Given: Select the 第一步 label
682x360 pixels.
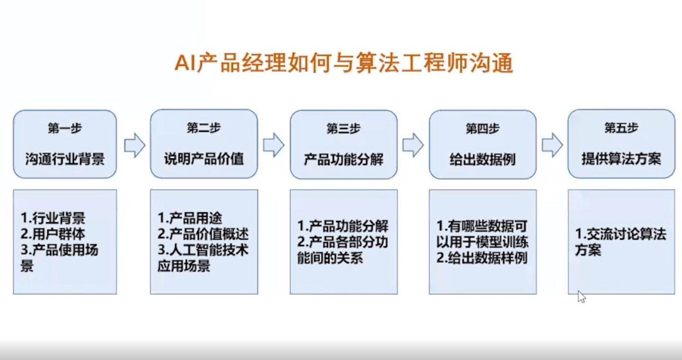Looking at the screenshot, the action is click(65, 129).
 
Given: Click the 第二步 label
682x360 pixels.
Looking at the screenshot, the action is click(204, 128).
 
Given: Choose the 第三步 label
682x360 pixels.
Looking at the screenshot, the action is click(343, 129).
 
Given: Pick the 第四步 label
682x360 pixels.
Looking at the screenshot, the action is click(482, 129).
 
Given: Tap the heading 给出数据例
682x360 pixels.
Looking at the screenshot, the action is click(482, 159).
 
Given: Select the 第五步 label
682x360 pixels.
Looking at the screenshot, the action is click(621, 128).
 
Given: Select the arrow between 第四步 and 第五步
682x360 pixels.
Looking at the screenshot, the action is click(552, 145).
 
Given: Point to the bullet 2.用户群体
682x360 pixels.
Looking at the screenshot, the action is click(53, 234).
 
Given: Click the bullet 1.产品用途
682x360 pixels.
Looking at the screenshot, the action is click(190, 218).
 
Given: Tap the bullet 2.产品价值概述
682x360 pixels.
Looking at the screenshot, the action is click(203, 234).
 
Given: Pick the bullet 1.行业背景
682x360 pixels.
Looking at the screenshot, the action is click(53, 218).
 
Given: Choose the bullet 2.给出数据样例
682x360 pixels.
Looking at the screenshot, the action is click(482, 258).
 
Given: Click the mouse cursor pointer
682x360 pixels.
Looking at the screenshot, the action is click(581, 297).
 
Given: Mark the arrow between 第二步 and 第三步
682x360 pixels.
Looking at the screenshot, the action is click(274, 145).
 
